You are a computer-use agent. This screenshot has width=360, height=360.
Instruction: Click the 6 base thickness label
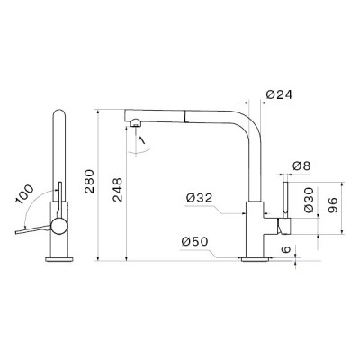(x=287, y=249)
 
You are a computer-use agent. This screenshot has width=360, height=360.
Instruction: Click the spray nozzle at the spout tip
(x=134, y=122)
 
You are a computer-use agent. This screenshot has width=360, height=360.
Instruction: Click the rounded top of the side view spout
(x=60, y=115)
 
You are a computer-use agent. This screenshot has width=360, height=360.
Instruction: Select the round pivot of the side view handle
(x=60, y=224)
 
